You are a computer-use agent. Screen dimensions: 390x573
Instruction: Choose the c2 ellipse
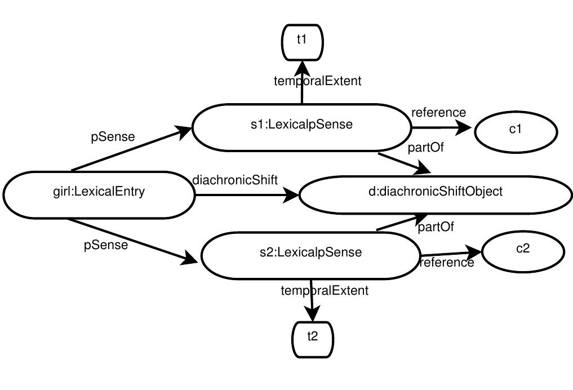pos(523,250)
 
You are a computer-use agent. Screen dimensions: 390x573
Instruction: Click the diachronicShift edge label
pos(235,180)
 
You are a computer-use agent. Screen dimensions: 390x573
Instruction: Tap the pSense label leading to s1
pos(113,136)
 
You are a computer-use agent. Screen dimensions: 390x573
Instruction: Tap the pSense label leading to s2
pos(106,245)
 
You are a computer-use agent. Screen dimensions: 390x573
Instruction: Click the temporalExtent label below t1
pos(317,81)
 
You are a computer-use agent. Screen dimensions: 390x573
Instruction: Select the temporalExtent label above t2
pos(325,291)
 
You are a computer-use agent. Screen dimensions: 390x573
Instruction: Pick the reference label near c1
pos(438,113)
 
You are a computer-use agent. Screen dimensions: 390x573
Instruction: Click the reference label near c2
pos(447,263)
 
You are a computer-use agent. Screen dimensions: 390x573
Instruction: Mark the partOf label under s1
pos(426,148)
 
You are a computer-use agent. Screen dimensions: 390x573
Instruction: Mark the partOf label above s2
pos(436,227)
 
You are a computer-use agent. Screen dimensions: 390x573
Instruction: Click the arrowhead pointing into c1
pos(464,127)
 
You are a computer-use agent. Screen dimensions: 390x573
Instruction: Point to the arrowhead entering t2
pos(312,313)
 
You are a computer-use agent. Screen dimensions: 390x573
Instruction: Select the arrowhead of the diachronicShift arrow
pos(292,196)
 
